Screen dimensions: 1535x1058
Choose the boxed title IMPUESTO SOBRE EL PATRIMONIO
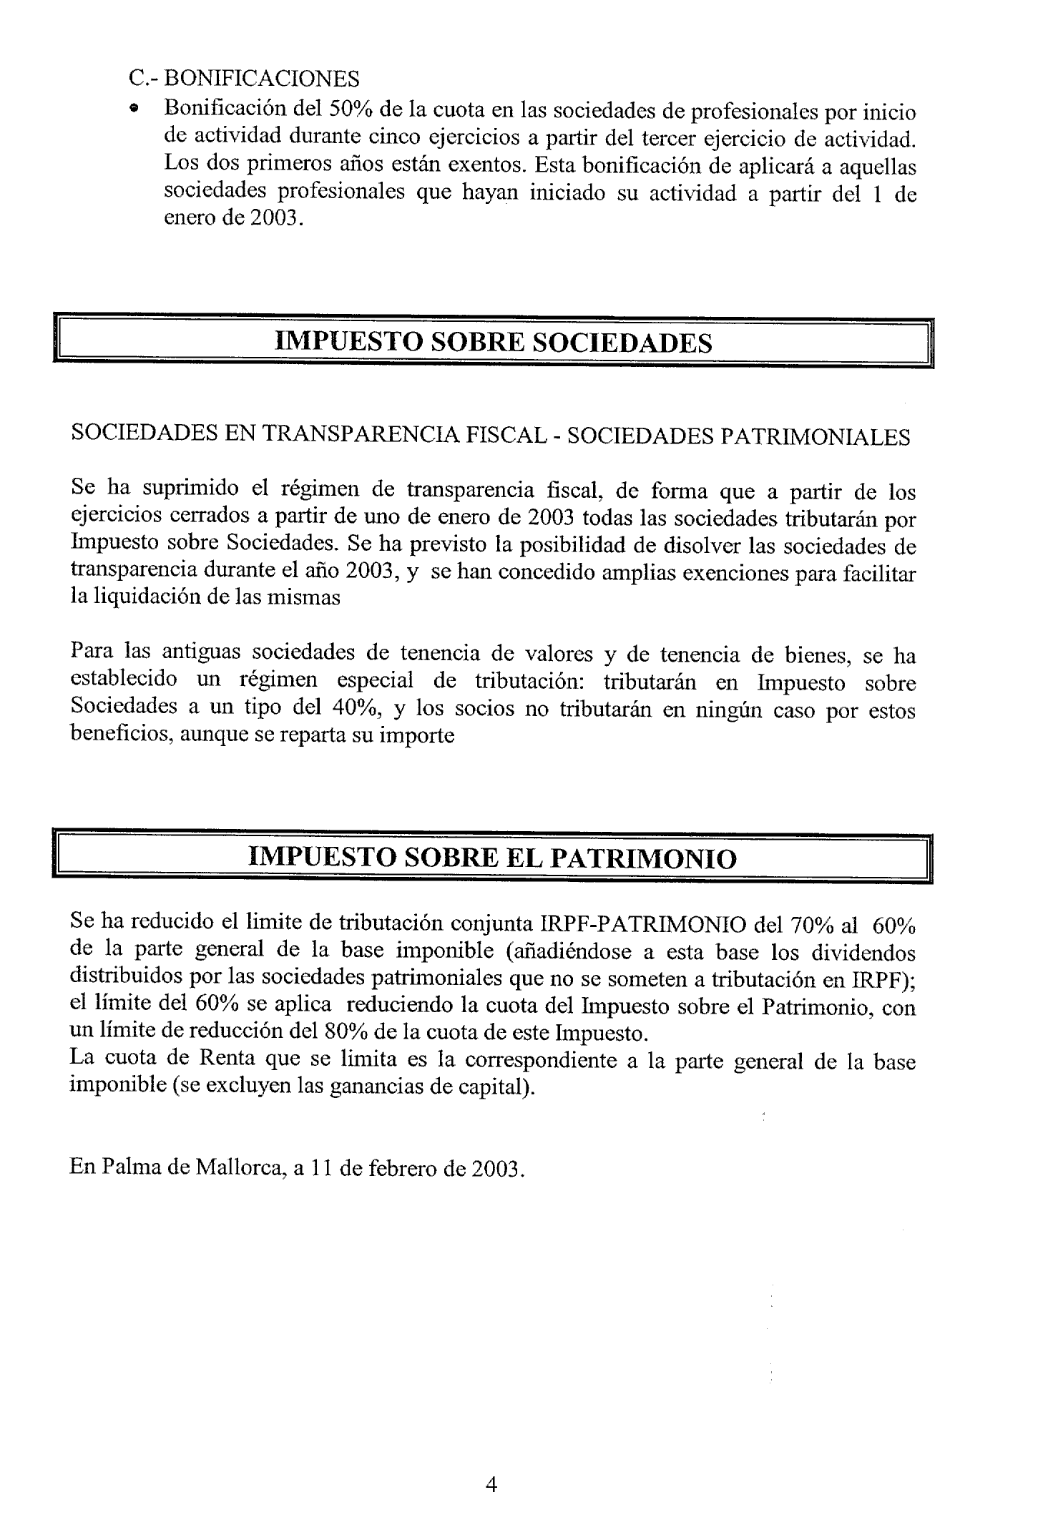(492, 857)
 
